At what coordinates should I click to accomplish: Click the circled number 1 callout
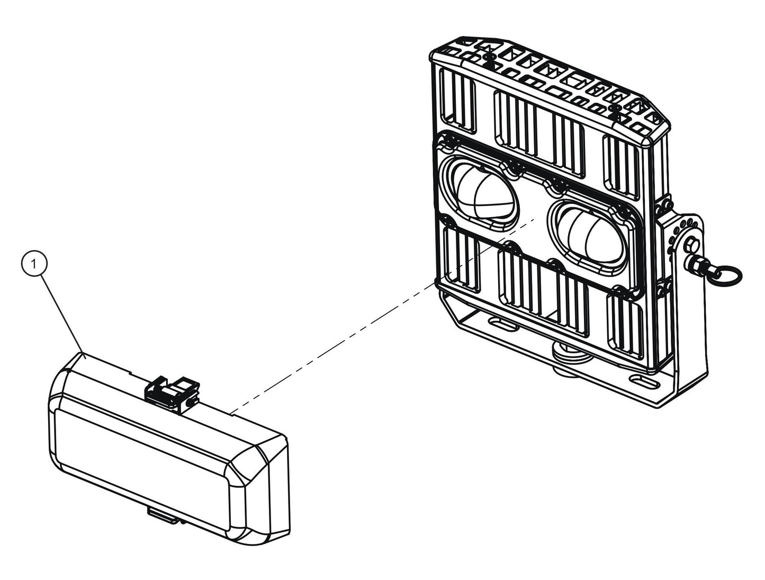coord(34,264)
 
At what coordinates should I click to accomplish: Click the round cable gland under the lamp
coord(569,358)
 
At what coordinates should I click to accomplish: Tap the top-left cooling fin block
coord(457,100)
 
